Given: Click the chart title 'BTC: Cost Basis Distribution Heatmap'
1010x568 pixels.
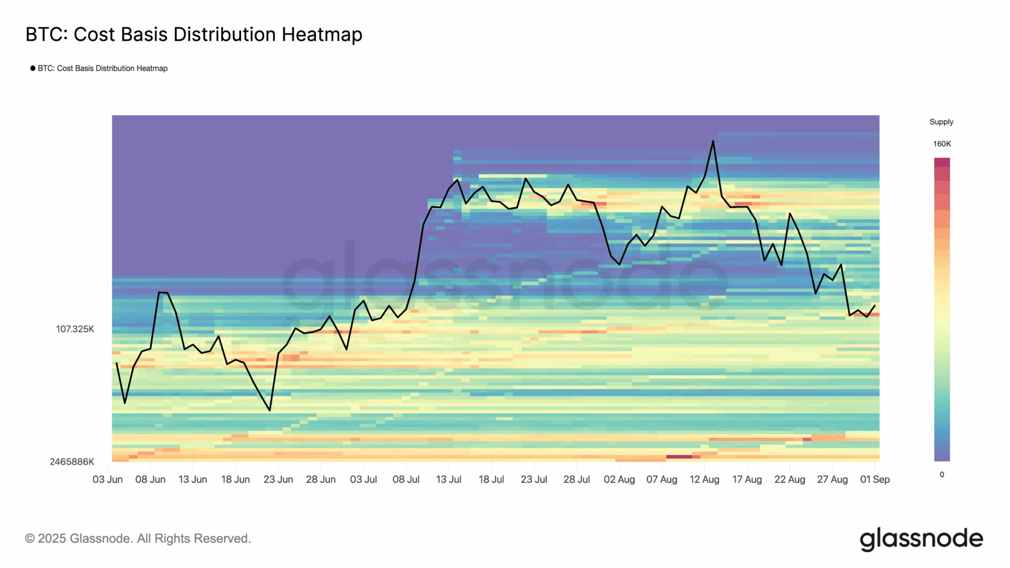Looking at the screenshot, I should [194, 35].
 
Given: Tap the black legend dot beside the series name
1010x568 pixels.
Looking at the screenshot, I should [33, 69].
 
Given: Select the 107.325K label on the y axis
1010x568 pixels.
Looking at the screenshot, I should [75, 329].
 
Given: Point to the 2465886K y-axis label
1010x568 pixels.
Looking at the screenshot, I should [72, 462].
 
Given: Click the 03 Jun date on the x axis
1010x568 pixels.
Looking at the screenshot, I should [107, 480].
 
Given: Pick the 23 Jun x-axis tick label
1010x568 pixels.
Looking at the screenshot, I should [278, 480].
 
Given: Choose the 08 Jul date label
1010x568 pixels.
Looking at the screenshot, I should [406, 480].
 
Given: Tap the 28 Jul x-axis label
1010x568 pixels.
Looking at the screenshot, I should [576, 480].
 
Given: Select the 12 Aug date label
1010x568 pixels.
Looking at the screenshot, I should [704, 480].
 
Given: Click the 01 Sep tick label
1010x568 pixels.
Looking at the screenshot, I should [874, 480].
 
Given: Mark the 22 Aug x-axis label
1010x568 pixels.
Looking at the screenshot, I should [789, 480].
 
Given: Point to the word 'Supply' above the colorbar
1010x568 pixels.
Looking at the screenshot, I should [941, 122].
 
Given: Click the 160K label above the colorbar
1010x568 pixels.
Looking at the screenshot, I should [941, 144].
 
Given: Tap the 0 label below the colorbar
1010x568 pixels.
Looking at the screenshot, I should [941, 475].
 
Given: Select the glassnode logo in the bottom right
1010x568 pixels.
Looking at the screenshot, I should [921, 539].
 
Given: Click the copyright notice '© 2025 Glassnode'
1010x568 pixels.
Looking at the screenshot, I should [138, 539].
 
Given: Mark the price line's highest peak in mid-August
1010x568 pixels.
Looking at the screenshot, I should [713, 141].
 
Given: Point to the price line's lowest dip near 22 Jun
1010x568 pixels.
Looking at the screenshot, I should [270, 410].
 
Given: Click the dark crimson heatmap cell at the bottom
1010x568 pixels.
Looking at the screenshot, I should [679, 457].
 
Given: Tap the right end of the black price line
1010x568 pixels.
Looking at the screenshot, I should [874, 306].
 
